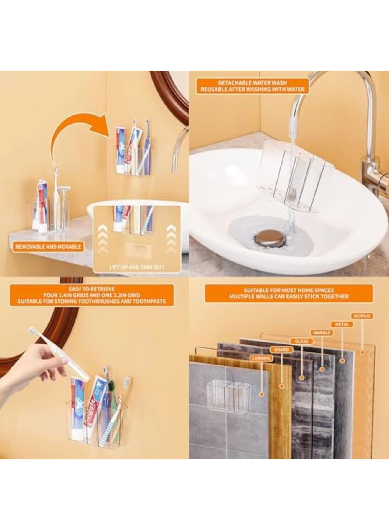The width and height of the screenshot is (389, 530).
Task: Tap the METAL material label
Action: [x=342, y=324]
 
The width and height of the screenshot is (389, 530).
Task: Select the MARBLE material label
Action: [x=322, y=333]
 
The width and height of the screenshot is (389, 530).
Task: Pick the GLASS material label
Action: [x=301, y=341]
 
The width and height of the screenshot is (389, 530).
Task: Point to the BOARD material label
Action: [x=281, y=350]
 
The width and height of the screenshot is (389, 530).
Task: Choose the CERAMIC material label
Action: [x=261, y=358]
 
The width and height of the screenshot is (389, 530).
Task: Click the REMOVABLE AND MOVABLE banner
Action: [x=48, y=247]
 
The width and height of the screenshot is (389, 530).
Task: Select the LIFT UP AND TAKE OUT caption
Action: [x=137, y=267]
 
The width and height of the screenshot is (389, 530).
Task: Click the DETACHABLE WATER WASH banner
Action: [x=253, y=86]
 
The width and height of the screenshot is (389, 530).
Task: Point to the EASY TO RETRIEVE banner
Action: [x=92, y=295]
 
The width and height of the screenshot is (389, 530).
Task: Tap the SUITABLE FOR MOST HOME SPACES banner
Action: [x=289, y=293]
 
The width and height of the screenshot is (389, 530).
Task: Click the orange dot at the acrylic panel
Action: [x=362, y=352]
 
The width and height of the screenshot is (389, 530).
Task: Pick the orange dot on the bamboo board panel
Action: [x=282, y=386]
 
